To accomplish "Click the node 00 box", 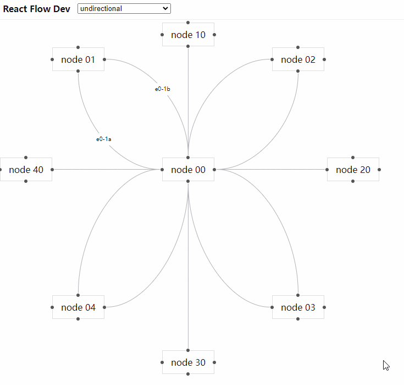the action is pos(188,170).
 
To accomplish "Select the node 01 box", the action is pos(78,59).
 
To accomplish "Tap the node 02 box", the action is pos(298,59).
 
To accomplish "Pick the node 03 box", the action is pos(298,307).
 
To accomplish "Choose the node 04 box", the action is pos(78,307).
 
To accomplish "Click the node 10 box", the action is pos(188,35).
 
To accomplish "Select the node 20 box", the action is pos(353,170).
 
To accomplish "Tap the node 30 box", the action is pos(188,362).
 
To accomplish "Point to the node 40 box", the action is pos(26,170).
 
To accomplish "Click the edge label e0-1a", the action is pos(104,139).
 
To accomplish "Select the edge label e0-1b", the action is pos(162,89).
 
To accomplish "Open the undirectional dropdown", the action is pos(124,9).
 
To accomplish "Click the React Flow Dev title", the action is pos(37,9).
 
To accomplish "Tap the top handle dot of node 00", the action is pos(188,158).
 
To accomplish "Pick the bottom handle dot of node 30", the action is pos(188,374).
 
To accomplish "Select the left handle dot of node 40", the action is pos(0,170).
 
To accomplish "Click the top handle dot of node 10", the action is pos(188,23).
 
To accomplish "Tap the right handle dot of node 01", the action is pos(104,59).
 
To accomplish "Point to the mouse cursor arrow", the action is pos(386,365).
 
